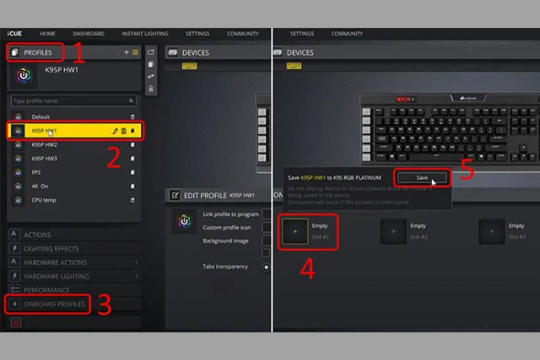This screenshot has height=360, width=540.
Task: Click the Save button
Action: [x=421, y=177]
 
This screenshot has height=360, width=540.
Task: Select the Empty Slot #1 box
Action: [x=295, y=232]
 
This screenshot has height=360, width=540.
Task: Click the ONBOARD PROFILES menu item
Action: [x=54, y=304]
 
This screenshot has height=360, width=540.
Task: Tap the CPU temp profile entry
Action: [x=44, y=199]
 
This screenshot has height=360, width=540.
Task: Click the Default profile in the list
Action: [x=41, y=117]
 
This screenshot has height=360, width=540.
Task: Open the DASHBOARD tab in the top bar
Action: [x=88, y=34]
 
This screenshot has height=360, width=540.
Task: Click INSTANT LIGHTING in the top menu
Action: [x=145, y=34]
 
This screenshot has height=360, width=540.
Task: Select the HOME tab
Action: [x=48, y=34]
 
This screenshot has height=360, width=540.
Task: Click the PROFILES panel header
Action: [x=37, y=53]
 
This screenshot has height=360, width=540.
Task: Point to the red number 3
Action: [x=104, y=305]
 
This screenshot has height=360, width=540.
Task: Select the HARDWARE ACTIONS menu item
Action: [x=55, y=263]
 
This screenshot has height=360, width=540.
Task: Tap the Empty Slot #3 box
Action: [x=492, y=232]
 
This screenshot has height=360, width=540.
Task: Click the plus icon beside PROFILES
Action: [x=127, y=53]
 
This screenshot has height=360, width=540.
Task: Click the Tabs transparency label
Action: [x=225, y=266]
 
